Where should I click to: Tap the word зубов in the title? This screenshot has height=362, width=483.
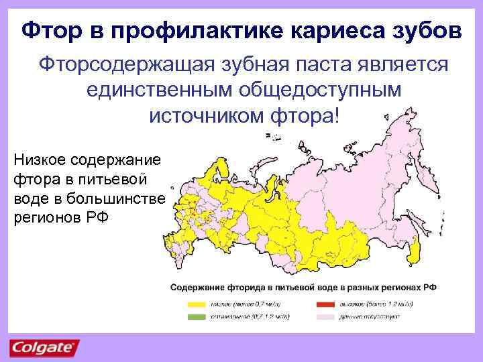[427, 29]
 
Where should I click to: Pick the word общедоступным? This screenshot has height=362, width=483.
[319, 90]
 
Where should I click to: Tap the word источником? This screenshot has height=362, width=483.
[203, 115]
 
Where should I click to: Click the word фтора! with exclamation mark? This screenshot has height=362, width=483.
[305, 115]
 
